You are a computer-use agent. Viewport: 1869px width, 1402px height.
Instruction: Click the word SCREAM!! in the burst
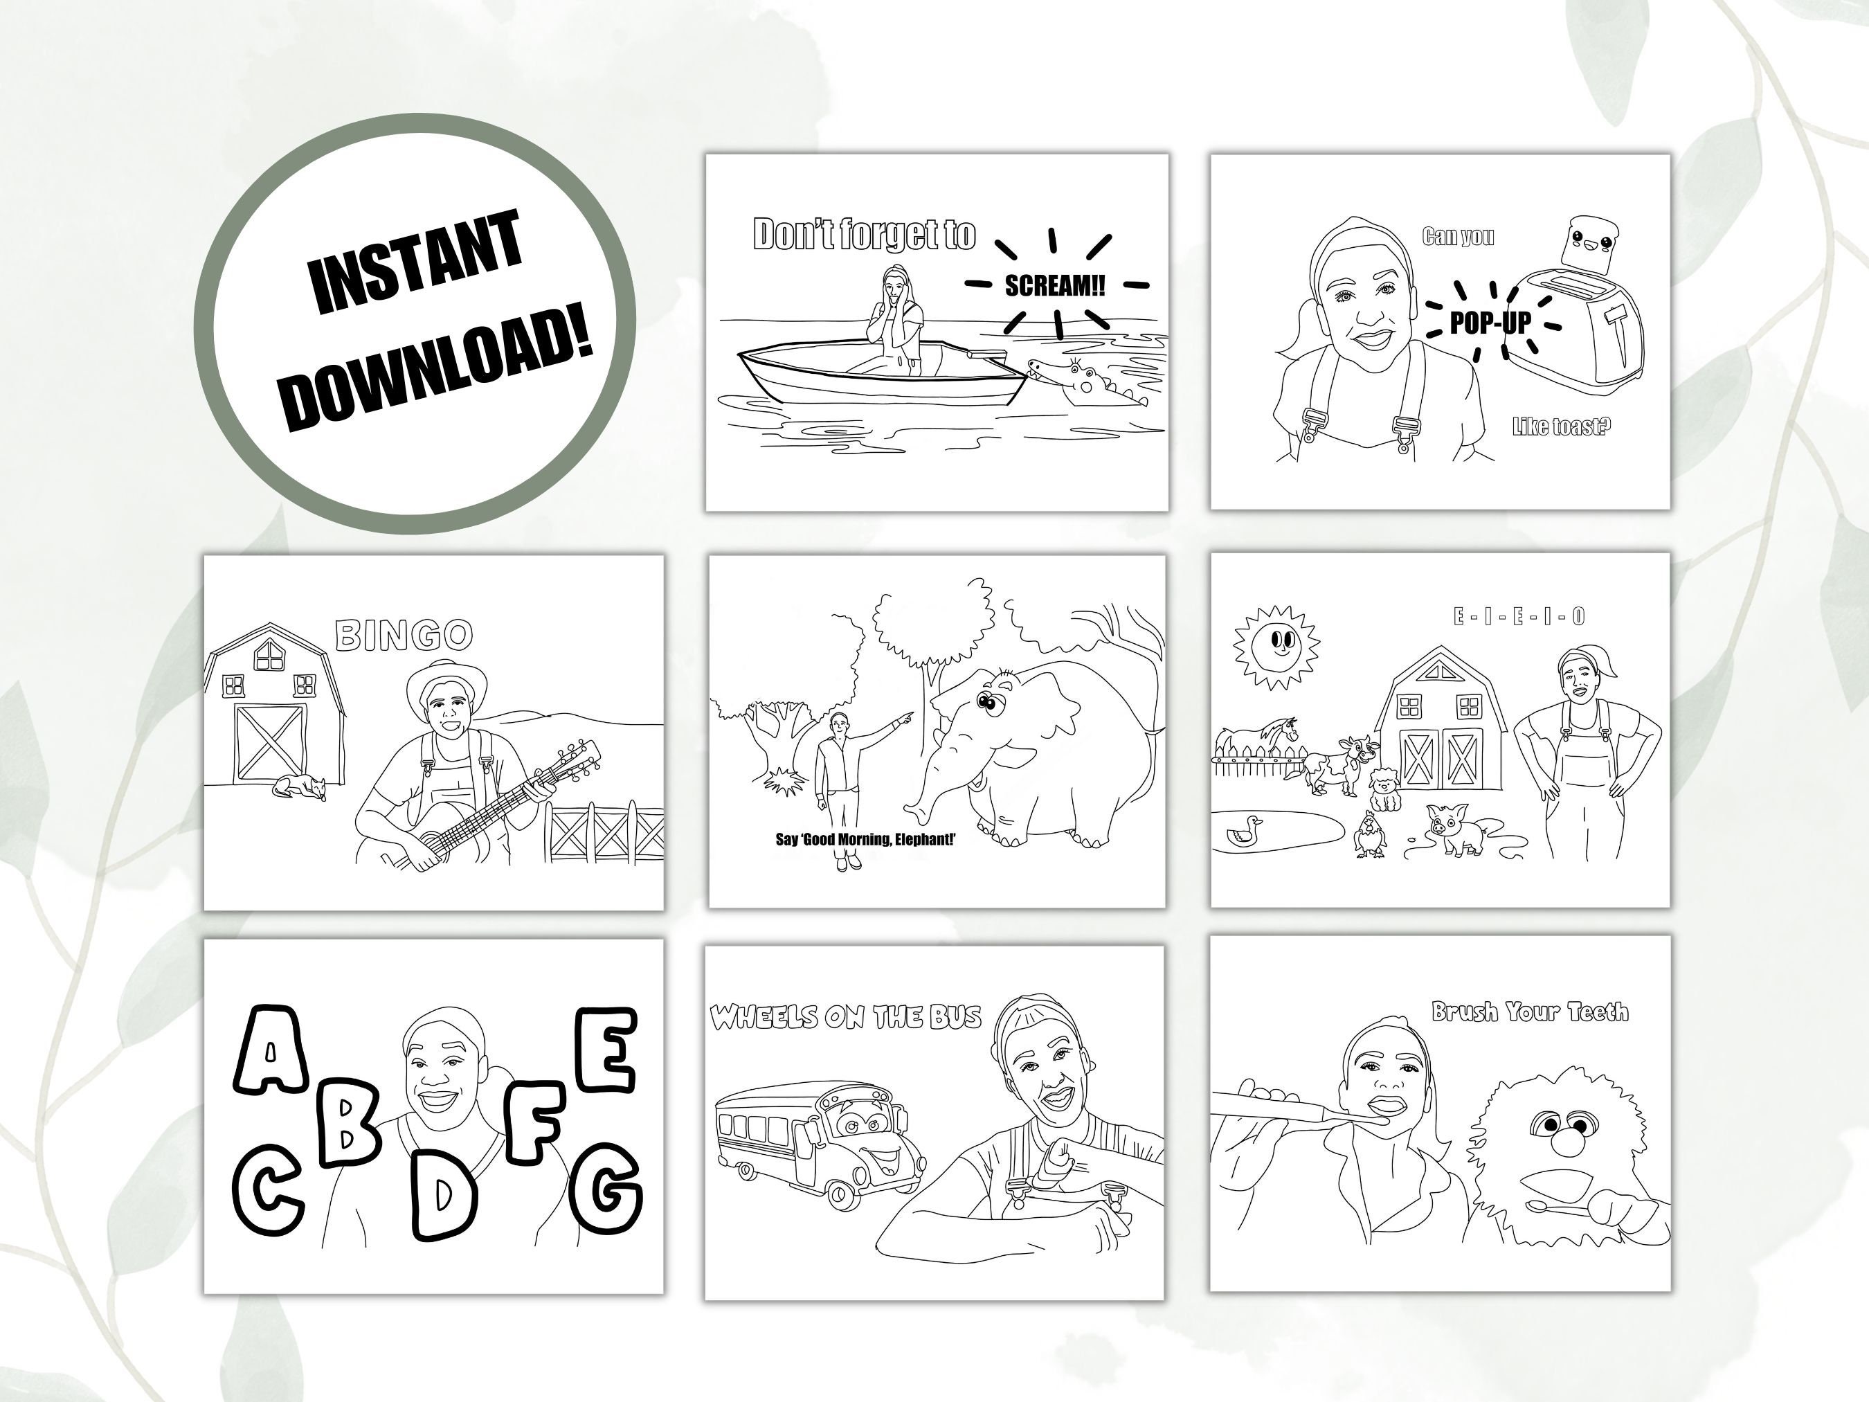coord(1054,286)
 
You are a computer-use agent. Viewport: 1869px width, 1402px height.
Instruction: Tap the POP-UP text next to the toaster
coord(1490,323)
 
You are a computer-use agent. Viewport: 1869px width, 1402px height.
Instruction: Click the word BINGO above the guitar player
coord(404,636)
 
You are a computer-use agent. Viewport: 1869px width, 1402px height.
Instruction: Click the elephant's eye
coord(986,701)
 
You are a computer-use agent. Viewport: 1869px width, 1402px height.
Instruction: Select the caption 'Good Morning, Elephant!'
coord(865,839)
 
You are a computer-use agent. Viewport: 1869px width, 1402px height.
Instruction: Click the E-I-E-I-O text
coord(1518,617)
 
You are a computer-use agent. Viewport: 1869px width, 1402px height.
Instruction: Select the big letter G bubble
coord(605,1189)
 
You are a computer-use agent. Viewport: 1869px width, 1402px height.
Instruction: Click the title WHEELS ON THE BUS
coord(845,1016)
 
